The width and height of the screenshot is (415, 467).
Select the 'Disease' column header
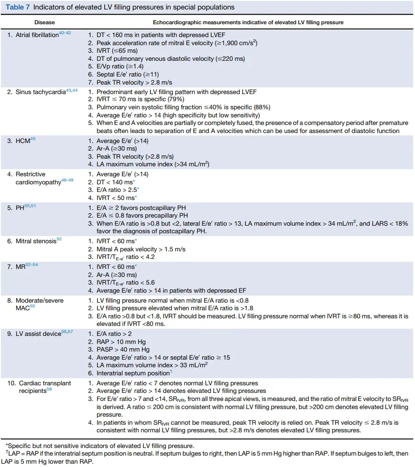click(44, 22)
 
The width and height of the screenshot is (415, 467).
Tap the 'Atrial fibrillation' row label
click(37, 35)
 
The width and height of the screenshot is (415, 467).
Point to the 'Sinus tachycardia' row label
click(40, 92)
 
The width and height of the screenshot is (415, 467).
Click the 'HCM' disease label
click(22, 141)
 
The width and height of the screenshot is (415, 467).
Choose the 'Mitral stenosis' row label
click(36, 241)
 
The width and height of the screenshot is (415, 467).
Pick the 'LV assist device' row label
click(39, 334)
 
